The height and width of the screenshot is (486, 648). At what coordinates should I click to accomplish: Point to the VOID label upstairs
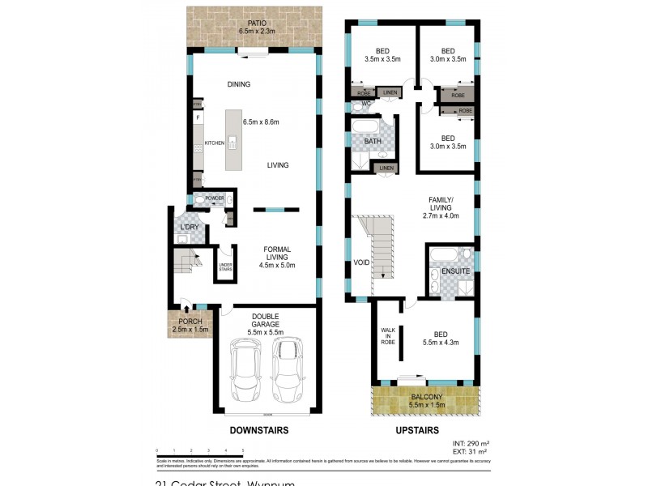coord(362,262)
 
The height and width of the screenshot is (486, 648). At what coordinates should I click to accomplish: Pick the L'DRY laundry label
coord(190,227)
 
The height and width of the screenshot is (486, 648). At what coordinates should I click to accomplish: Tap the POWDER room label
coord(215,198)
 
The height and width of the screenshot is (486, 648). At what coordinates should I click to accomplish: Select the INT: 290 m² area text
coord(469,442)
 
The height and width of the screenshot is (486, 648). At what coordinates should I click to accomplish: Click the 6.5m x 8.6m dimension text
coord(261,122)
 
